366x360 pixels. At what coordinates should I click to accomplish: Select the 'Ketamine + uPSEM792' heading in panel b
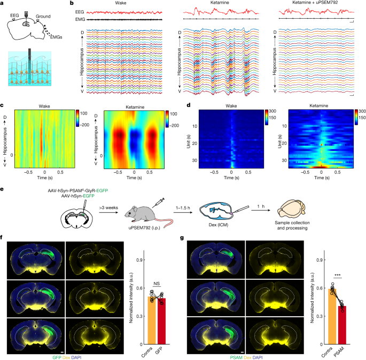(306, 4)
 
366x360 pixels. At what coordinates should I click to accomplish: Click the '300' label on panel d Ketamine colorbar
(360, 109)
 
